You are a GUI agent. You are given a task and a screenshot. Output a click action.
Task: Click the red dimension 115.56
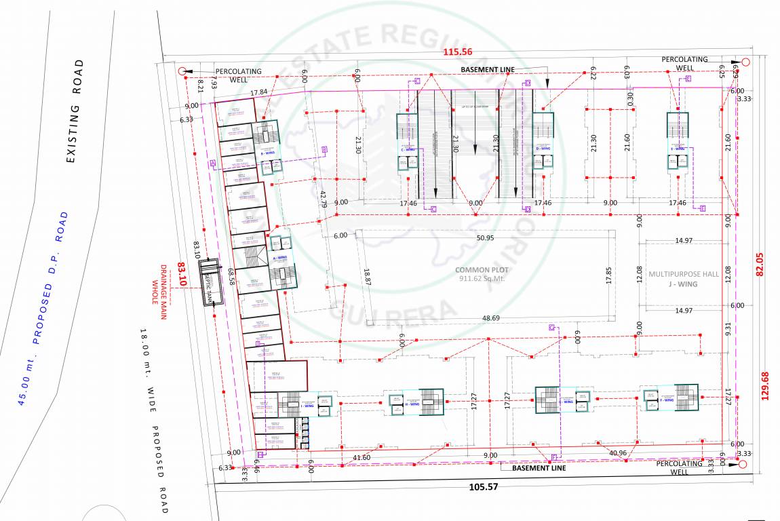click(x=457, y=52)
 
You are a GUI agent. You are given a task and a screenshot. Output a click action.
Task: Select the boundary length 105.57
click(x=484, y=486)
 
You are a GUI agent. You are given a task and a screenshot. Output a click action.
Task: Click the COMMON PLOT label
click(x=482, y=269)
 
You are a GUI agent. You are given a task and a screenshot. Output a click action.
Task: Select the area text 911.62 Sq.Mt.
click(x=482, y=278)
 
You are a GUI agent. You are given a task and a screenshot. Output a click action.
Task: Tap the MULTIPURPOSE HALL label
click(x=683, y=274)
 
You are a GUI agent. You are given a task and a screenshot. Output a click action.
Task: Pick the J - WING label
click(x=683, y=284)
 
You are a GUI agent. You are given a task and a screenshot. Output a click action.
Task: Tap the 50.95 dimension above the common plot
click(x=485, y=238)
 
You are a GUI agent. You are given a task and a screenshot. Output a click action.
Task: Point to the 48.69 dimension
click(x=491, y=318)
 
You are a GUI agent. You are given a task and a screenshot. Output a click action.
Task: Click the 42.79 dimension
click(x=323, y=195)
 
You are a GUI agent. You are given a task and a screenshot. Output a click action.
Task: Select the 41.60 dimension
click(x=362, y=458)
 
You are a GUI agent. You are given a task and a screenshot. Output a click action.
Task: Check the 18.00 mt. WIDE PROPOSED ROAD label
click(x=153, y=420)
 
